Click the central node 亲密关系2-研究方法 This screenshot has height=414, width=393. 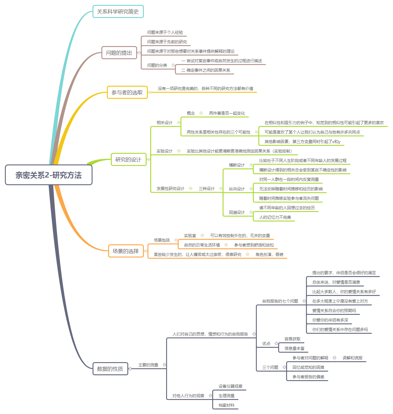point(49,175)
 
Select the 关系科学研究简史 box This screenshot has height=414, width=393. point(118,12)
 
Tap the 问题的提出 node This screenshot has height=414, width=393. point(119,53)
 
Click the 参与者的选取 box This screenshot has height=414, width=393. point(127,92)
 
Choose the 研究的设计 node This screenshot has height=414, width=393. point(128,160)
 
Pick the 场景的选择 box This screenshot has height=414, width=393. point(126,251)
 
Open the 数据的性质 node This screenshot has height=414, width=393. point(110,369)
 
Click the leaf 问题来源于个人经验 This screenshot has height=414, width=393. point(165,32)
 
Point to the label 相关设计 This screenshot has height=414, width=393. point(164,123)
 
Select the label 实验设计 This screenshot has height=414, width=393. point(164,151)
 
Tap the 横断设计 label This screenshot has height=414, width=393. point(237,165)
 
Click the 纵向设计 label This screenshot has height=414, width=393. point(237,189)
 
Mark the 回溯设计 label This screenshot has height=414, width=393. point(237,212)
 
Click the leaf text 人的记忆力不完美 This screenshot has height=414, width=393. point(275,217)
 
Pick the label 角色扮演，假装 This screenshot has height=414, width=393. point(269,254)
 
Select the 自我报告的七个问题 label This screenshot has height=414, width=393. point(280,301)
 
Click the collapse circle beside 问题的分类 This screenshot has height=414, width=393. point(173,65)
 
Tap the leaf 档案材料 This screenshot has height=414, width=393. point(226,405)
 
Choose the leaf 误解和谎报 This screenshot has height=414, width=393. point(352,358)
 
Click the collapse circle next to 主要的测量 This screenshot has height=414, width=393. point(164,365)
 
